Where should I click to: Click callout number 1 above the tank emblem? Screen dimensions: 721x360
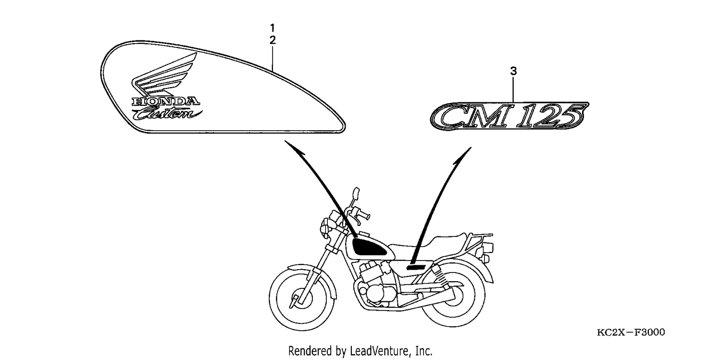pos(273,28)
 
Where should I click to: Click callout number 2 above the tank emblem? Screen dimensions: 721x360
pos(273,40)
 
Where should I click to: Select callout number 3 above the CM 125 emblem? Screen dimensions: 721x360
pos(513,71)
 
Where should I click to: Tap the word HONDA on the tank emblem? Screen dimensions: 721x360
pos(166,101)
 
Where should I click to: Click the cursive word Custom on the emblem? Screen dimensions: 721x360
pos(167,113)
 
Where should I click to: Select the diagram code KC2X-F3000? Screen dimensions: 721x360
pos(631,332)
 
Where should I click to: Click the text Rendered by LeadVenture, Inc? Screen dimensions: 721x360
pos(360,351)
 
